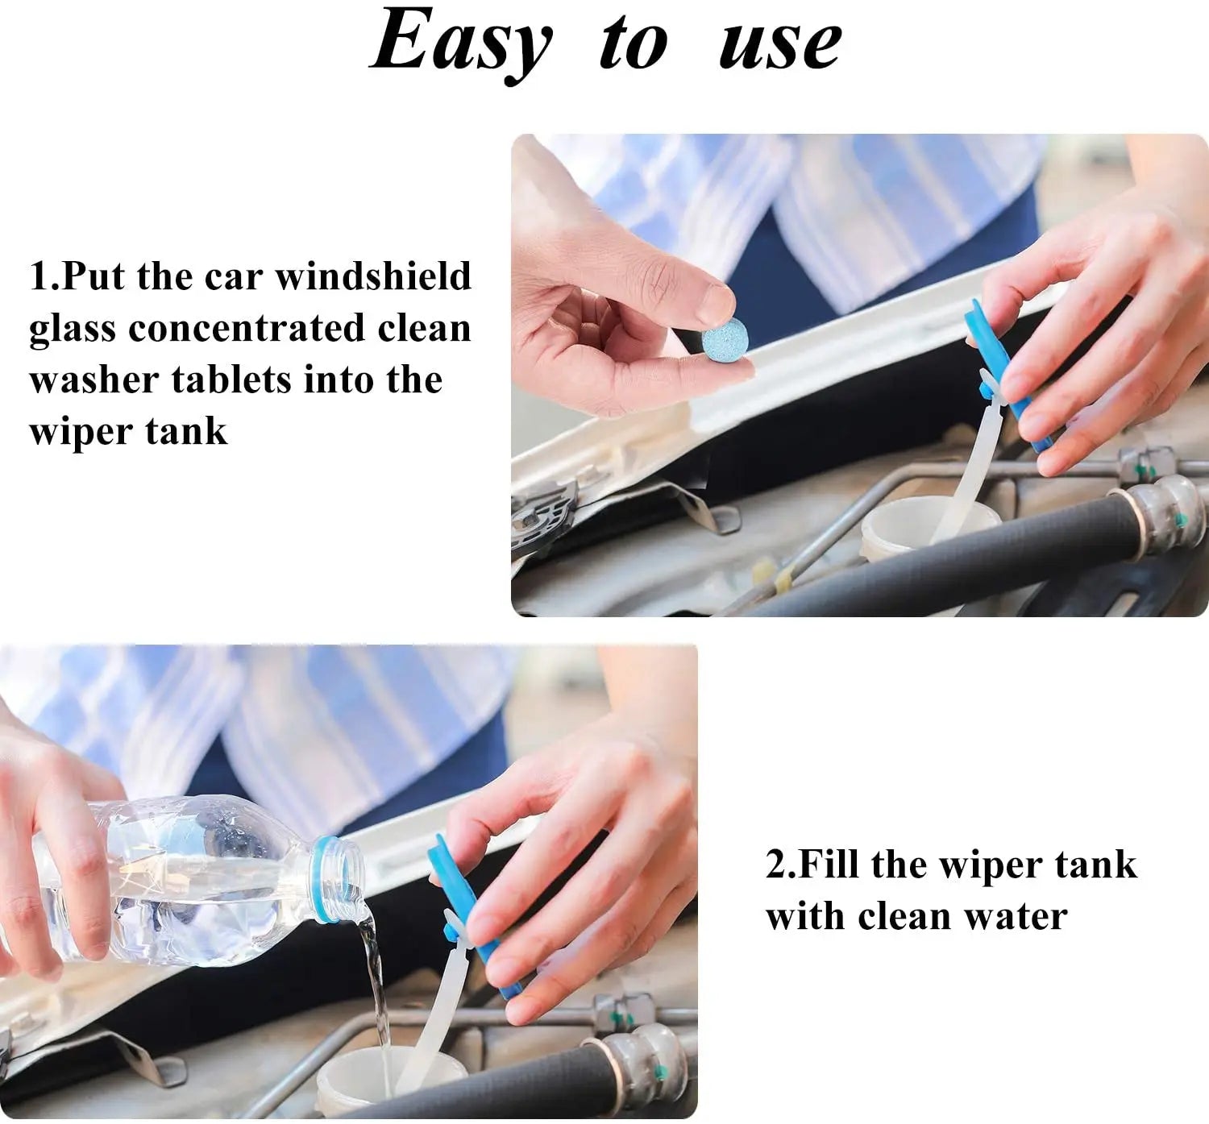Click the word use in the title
pyautogui.click(x=780, y=44)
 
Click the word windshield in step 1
pyautogui.click(x=373, y=276)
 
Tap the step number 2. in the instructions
pyautogui.click(x=780, y=865)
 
